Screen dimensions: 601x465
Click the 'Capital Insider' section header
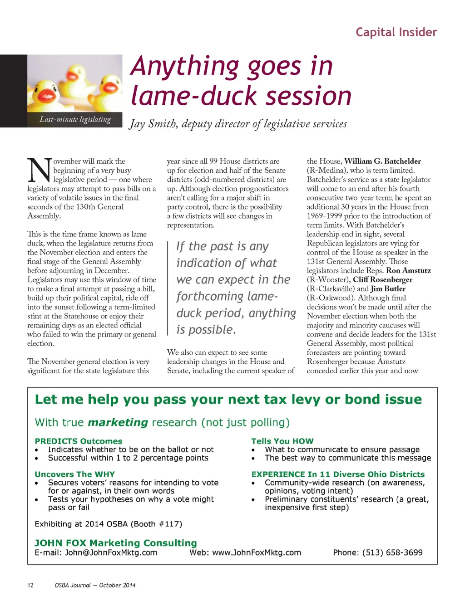click(x=396, y=32)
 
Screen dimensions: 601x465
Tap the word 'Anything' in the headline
click(x=184, y=66)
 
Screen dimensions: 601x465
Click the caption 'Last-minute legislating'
click(x=75, y=120)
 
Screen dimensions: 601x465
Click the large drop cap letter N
click(x=39, y=171)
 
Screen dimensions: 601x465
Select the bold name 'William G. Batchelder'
click(x=382, y=161)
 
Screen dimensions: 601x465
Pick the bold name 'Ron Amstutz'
click(x=408, y=271)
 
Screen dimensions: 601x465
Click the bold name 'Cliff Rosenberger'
click(x=382, y=280)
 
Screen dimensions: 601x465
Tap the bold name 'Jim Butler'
click(x=388, y=289)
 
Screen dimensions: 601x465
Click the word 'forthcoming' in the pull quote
click(x=210, y=297)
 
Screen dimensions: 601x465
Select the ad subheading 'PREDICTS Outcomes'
click(x=79, y=441)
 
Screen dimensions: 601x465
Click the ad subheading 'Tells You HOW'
click(x=282, y=441)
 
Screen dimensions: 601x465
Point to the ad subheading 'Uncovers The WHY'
click(x=74, y=474)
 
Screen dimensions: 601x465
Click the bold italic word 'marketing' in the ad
click(x=118, y=423)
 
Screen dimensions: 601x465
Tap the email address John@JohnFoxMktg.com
click(x=111, y=553)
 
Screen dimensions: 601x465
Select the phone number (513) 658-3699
click(x=392, y=553)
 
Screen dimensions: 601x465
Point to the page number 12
click(x=30, y=586)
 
